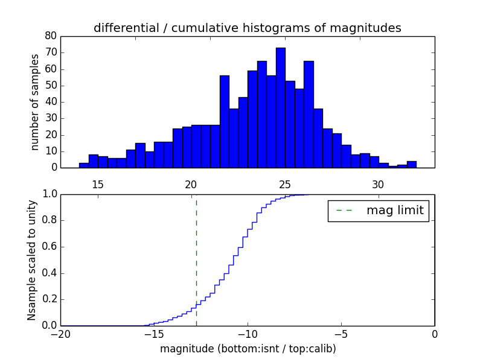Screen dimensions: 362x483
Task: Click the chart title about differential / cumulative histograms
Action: click(247, 28)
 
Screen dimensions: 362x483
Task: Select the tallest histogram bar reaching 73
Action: click(281, 107)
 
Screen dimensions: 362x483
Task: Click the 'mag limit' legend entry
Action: click(379, 211)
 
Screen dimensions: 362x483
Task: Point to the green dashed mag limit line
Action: click(196, 259)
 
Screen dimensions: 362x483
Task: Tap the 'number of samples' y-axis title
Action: click(35, 101)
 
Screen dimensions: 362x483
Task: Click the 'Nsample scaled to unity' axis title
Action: click(31, 259)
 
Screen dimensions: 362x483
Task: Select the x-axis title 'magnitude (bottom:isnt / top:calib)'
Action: click(248, 349)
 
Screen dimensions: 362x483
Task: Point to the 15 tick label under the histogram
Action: click(98, 184)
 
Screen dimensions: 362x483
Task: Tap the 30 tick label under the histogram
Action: click(378, 184)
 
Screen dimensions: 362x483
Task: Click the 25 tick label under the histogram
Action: click(285, 184)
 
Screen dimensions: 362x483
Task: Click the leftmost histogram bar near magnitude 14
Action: click(84, 165)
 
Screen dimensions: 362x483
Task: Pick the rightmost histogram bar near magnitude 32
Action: click(411, 165)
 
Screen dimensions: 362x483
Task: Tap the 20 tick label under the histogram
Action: click(191, 184)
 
